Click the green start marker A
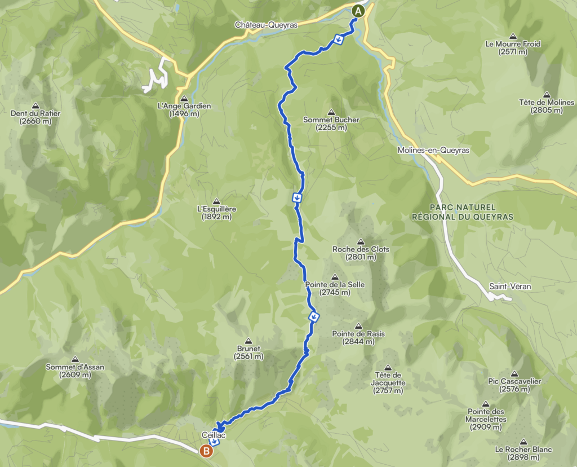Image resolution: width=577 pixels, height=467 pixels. [358, 10]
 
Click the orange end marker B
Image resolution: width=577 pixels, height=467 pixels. [207, 451]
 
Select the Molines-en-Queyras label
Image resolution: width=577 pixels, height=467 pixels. [433, 151]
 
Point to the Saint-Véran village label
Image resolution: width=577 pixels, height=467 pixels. [510, 287]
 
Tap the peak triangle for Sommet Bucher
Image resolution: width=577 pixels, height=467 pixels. [331, 111]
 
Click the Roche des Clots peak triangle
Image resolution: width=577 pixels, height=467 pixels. [361, 241]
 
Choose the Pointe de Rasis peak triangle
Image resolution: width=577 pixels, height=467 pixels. [359, 326]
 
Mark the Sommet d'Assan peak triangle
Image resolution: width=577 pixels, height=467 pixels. [75, 359]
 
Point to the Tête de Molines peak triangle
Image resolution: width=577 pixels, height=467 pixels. [546, 94]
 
